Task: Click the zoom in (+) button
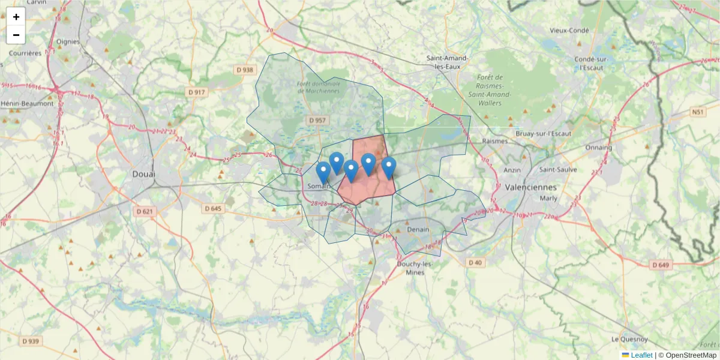pos(16,17)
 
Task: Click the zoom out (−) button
pos(16,35)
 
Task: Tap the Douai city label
pos(143,174)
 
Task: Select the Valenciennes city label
pos(531,187)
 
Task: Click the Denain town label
pos(418,229)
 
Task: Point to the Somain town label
pos(319,187)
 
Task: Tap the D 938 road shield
pos(245,70)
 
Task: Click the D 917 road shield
pos(196,92)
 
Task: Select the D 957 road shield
pos(317,121)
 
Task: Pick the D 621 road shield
pos(145,211)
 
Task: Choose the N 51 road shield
pos(697,112)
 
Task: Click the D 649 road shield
pos(659,265)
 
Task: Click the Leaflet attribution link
pos(641,355)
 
